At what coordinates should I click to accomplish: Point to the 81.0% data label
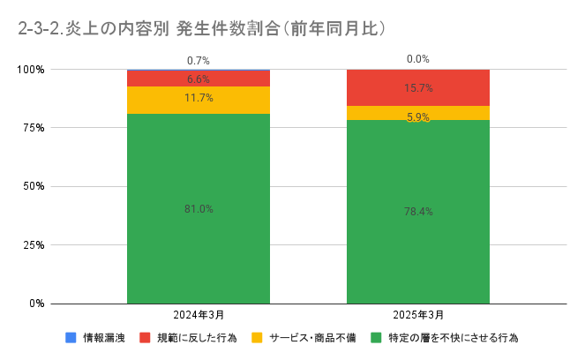point(199,209)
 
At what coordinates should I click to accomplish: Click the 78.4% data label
point(418,212)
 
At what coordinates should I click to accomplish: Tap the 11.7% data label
point(199,98)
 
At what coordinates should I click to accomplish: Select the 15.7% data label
point(418,88)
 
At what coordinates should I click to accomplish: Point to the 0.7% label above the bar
point(199,61)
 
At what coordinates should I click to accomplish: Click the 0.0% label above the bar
point(418,59)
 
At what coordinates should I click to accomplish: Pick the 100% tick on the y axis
point(30,69)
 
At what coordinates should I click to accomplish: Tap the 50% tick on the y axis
point(33,186)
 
